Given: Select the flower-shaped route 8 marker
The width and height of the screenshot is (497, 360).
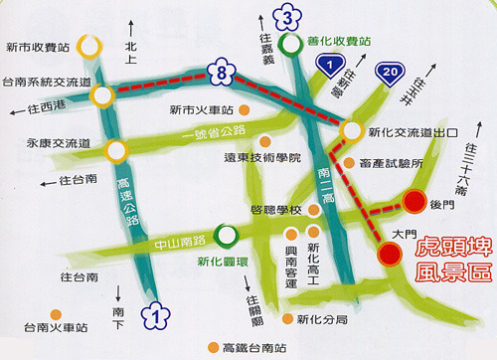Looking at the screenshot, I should [x=223, y=71].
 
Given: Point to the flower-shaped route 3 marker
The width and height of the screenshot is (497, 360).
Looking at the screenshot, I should [x=287, y=16].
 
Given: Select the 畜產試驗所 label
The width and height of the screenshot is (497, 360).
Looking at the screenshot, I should [x=392, y=162].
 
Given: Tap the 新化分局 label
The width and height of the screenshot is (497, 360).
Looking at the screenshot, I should [x=321, y=318].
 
